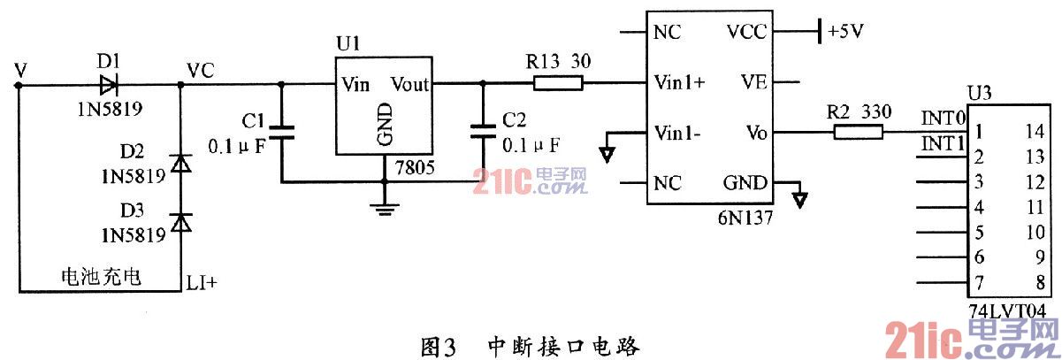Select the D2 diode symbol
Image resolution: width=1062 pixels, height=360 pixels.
click(x=180, y=164)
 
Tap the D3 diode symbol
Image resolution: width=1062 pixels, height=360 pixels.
click(x=180, y=222)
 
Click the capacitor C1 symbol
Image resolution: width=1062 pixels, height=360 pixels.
click(x=281, y=133)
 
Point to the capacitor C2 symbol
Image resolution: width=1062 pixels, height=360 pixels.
click(x=482, y=133)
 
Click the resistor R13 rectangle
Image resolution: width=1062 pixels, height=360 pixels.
click(x=557, y=84)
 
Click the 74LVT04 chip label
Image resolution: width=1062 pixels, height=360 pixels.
click(x=1006, y=310)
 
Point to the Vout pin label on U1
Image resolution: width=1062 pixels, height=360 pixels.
click(x=409, y=85)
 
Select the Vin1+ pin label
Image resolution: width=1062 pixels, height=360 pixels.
click(x=679, y=84)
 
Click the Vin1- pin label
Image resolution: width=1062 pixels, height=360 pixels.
click(x=677, y=134)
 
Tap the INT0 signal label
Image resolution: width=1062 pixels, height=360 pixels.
click(x=943, y=116)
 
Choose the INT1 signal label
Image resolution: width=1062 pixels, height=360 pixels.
click(x=943, y=142)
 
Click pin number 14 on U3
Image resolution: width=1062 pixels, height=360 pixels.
click(x=1034, y=133)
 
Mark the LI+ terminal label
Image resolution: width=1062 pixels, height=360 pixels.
click(x=202, y=282)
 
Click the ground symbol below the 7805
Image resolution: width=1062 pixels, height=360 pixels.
click(x=383, y=209)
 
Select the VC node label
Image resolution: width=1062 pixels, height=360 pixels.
click(x=200, y=69)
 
